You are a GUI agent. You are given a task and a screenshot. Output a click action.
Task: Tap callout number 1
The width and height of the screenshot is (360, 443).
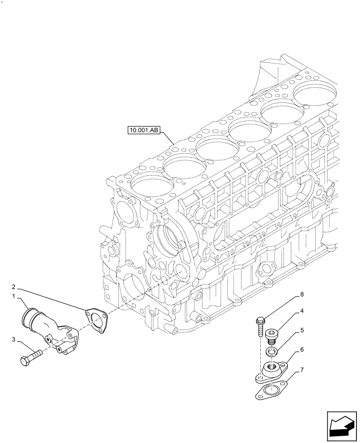point(14,295)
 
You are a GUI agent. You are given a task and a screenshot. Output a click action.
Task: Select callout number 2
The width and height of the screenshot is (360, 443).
point(14,287)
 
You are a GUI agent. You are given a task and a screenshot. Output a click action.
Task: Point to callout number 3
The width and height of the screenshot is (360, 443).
point(14,340)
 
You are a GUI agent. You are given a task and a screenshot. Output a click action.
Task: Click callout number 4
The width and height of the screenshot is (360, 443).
point(302,311)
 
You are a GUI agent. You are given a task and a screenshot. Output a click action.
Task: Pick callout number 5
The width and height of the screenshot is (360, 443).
point(302,330)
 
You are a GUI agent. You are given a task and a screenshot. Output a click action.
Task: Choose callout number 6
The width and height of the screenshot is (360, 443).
point(302,350)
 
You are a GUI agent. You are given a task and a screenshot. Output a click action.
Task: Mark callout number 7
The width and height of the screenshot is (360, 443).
point(302,369)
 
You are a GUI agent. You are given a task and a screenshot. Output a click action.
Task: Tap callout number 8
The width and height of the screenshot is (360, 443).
point(302,294)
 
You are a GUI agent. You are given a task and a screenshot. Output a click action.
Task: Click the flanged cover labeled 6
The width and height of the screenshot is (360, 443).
point(270,370)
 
